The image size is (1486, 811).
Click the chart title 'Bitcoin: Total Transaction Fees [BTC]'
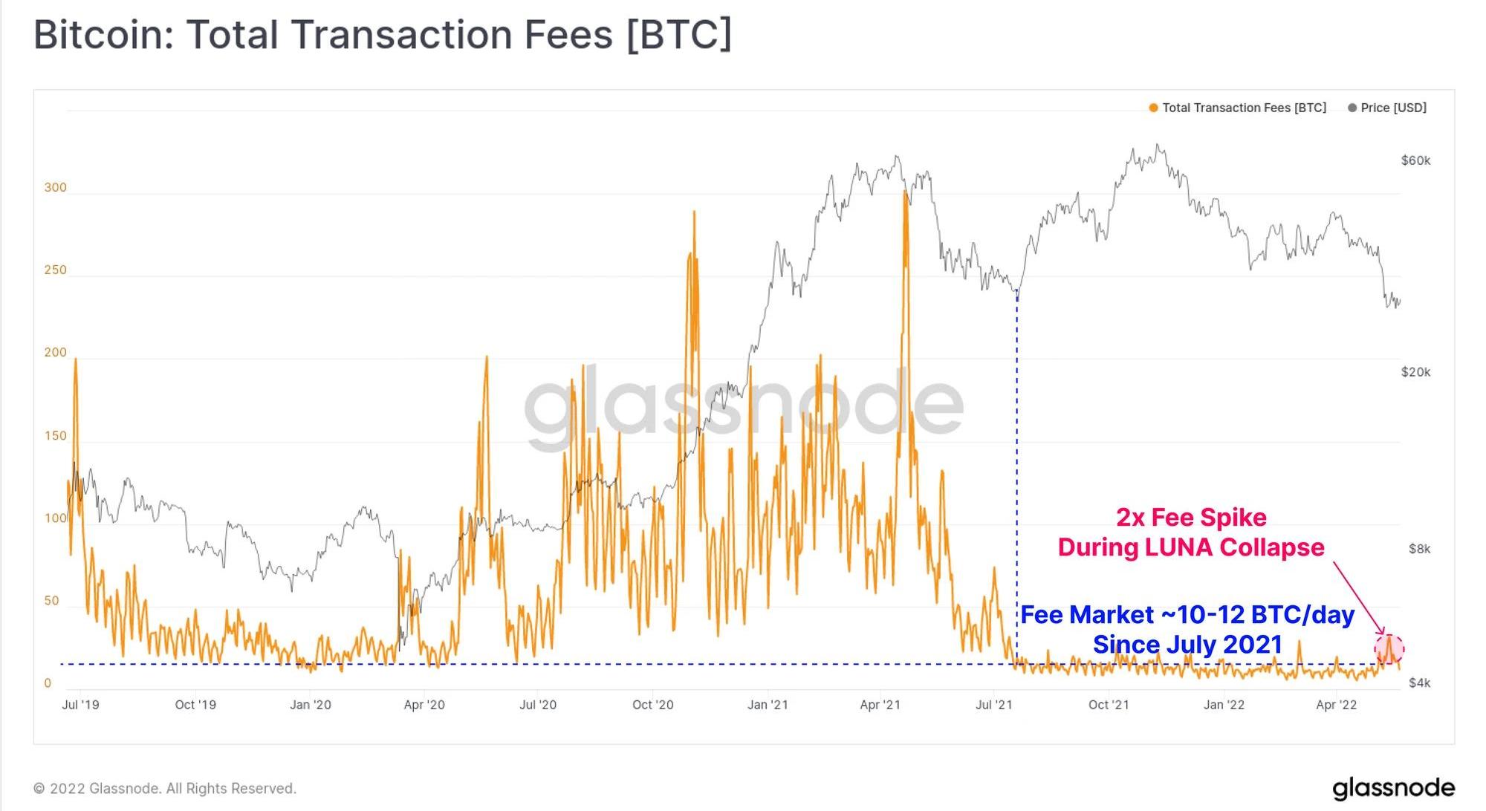[383, 35]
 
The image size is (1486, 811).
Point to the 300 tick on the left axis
[55, 187]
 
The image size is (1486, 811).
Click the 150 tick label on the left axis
[55, 436]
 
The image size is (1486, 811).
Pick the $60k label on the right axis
[1415, 160]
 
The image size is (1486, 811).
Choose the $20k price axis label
[1415, 372]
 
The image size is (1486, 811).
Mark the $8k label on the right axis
[1419, 549]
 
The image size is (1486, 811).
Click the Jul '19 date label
[80, 705]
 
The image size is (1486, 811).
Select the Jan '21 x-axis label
[768, 705]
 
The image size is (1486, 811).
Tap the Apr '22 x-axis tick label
[1336, 705]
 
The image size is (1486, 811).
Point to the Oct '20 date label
[652, 705]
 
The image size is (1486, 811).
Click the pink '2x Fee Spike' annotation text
[1191, 518]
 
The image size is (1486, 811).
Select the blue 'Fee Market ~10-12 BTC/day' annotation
[1187, 615]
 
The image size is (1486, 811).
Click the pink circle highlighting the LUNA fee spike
[1389, 649]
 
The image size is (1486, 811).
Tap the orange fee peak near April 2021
[905, 195]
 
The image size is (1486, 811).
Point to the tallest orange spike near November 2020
[694, 214]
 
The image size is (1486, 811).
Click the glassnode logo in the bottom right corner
[1393, 788]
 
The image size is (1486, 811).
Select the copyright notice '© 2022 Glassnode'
[165, 788]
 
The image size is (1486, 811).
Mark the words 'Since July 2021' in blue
[1187, 645]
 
